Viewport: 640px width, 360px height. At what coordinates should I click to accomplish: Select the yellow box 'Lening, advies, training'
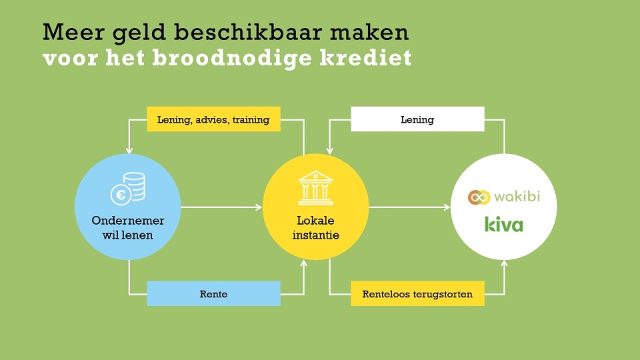click(213, 119)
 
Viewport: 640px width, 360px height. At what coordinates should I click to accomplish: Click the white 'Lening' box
click(417, 119)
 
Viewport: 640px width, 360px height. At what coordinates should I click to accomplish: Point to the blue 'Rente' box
click(213, 293)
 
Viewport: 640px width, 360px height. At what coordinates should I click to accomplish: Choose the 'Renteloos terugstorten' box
click(417, 293)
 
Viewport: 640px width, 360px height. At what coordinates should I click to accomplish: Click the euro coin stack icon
click(128, 189)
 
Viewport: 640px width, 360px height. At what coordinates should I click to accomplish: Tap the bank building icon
click(315, 188)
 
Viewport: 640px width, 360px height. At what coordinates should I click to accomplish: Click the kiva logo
click(504, 225)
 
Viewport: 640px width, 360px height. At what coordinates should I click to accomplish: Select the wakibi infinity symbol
click(479, 197)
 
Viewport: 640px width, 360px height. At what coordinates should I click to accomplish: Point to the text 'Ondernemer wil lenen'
click(128, 228)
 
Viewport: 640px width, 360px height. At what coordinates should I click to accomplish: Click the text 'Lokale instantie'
click(315, 228)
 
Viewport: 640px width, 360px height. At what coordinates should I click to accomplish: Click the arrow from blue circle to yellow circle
click(221, 207)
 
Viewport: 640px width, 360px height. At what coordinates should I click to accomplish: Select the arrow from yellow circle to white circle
click(409, 207)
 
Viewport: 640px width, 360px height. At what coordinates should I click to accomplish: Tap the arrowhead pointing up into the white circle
click(504, 264)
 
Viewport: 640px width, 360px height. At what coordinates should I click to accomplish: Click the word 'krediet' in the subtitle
click(366, 57)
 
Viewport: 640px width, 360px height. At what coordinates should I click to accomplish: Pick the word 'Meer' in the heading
click(73, 32)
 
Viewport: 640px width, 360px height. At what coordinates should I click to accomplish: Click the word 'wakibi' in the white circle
click(517, 196)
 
